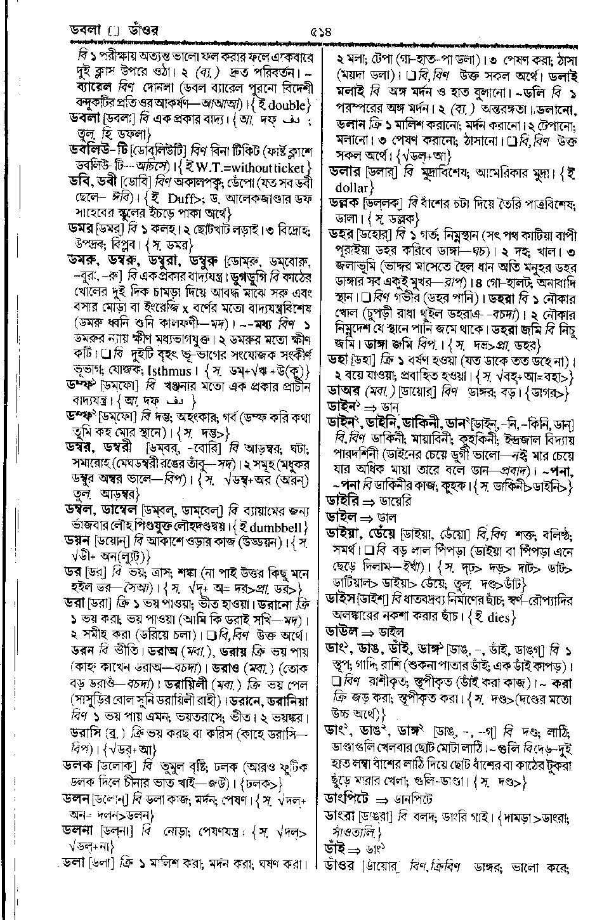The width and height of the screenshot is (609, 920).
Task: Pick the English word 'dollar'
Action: point(351,188)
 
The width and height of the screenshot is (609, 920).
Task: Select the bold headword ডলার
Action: point(344,171)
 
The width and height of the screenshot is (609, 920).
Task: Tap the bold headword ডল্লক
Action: point(344,204)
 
